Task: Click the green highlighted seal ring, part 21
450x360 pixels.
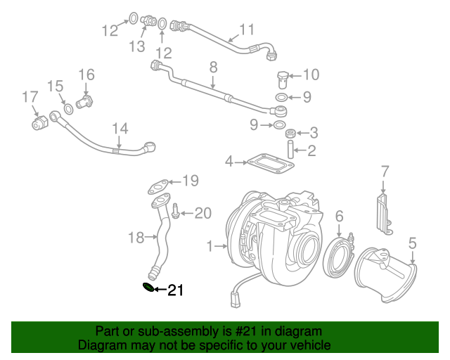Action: point(148,287)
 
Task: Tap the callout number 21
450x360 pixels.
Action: point(175,290)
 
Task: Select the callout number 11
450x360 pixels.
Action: point(246,30)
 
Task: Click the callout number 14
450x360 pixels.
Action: point(120,129)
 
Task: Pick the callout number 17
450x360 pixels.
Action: point(30,96)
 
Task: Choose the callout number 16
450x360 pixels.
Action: point(86,75)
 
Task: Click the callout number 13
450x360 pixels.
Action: point(136,46)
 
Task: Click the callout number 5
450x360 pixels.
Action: point(413,243)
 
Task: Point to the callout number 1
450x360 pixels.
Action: point(209,246)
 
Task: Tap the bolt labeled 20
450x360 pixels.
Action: point(176,212)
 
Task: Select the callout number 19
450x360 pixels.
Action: point(191,181)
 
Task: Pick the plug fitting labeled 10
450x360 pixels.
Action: point(282,77)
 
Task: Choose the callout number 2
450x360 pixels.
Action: point(311,150)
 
